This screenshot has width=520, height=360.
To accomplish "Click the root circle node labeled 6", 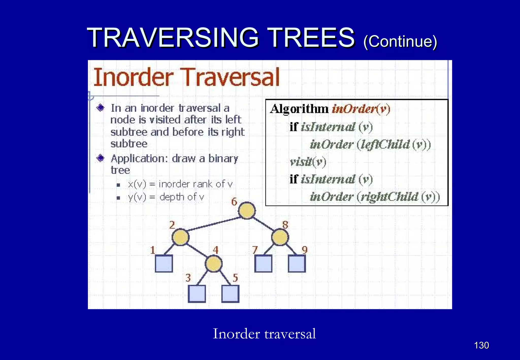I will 247,210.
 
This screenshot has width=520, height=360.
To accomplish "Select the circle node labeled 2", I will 180,237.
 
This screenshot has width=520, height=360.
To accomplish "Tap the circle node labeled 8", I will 280,237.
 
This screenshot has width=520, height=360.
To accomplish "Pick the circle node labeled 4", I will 214,264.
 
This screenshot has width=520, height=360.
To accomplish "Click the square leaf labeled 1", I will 164,264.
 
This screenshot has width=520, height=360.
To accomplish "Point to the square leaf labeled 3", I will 197,294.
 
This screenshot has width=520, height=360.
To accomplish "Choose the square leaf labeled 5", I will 230,294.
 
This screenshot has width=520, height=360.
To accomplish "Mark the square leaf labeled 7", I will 263,264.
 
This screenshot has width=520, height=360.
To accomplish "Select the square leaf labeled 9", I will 297,264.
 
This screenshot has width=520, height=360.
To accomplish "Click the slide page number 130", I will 481,345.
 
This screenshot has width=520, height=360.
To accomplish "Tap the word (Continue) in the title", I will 400,41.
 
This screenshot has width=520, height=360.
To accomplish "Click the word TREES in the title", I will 311,38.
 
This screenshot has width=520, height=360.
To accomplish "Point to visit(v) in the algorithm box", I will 308,162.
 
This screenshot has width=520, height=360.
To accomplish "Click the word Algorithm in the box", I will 299,109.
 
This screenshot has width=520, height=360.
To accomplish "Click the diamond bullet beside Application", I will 101,159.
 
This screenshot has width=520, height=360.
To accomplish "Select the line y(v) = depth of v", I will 166,197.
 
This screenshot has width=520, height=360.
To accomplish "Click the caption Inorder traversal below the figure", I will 264,334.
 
